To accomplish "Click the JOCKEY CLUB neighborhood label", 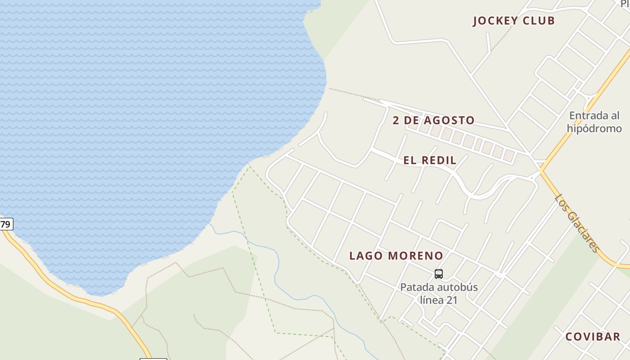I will (513, 21).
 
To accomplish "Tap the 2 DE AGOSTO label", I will (433, 120).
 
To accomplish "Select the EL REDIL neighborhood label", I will (430, 160).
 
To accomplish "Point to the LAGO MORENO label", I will (396, 256).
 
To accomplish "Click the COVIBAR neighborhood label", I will (593, 337).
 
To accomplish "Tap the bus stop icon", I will (439, 274).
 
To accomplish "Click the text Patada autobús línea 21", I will (439, 293).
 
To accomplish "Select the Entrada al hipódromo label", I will (594, 122).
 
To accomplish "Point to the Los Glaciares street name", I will (577, 224).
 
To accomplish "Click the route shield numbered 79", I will (6, 224).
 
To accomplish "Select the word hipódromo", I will (594, 128).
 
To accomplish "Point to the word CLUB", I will (538, 21).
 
